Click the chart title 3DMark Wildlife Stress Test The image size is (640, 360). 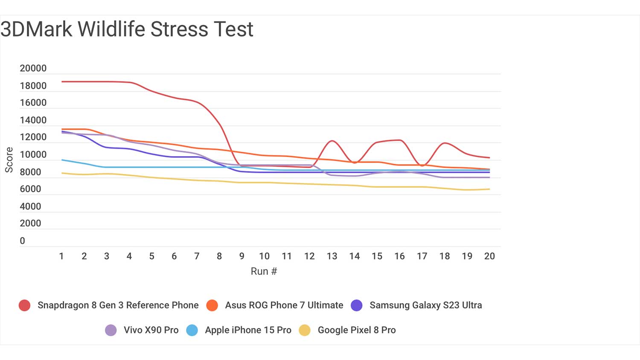click(127, 29)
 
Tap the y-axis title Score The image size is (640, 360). click(9, 160)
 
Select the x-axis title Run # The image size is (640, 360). click(264, 271)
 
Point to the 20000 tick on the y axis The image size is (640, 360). click(33, 68)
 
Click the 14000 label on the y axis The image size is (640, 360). click(33, 120)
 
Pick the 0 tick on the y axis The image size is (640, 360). click(23, 241)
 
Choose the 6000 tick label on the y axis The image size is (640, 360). click(31, 189)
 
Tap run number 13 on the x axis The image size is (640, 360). click(332, 256)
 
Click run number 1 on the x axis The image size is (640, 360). click(61, 256)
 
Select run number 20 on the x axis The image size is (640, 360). click(489, 256)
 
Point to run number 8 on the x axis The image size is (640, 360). click(219, 256)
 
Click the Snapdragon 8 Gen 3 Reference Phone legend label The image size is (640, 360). click(118, 305)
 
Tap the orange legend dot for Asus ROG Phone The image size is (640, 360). click(212, 305)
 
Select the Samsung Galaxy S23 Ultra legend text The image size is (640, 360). click(425, 305)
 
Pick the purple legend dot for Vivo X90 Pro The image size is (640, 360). click(111, 330)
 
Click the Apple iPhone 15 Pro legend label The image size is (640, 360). click(248, 330)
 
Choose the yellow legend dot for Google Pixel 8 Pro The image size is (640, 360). click(305, 330)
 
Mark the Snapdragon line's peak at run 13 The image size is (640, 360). click(332, 141)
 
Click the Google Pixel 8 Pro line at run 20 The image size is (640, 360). click(489, 189)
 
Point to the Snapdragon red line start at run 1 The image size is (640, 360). click(62, 81)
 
